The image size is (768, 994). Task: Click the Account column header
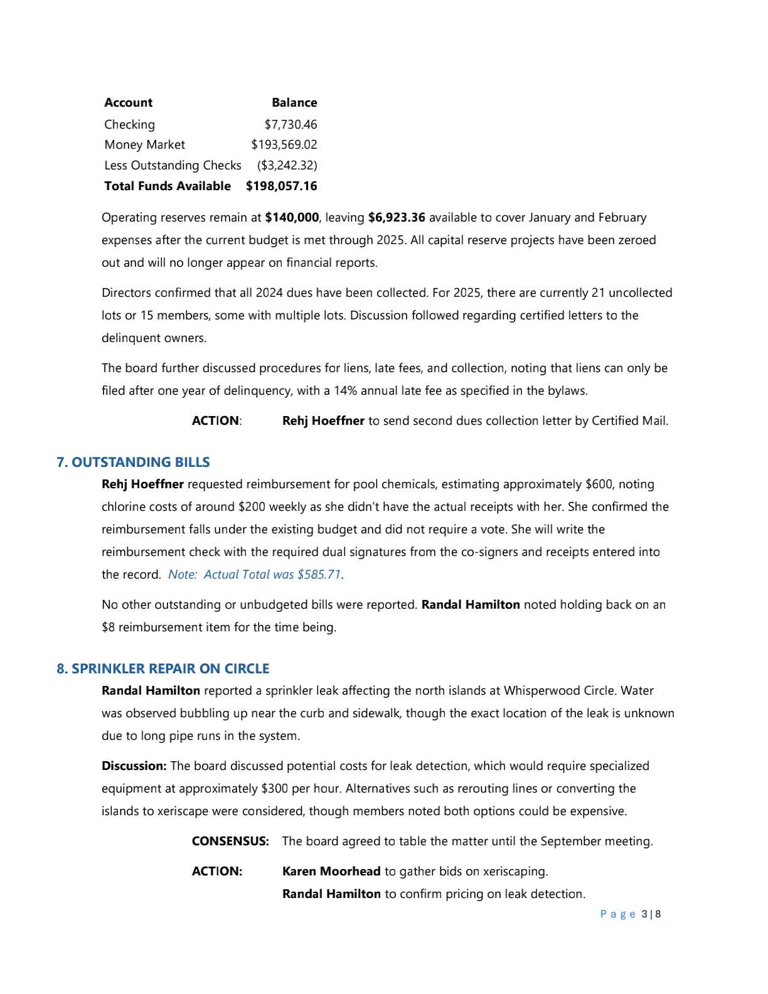tap(128, 102)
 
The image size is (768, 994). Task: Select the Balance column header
tap(294, 102)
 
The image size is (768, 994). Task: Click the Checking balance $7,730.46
tap(290, 124)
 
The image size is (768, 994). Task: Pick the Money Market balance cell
tap(284, 144)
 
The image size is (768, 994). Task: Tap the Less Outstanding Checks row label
tap(173, 165)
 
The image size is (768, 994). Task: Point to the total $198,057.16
tap(281, 186)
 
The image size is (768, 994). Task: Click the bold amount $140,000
tap(292, 217)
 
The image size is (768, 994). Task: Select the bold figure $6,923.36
tap(397, 217)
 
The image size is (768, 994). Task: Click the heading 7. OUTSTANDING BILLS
tap(133, 462)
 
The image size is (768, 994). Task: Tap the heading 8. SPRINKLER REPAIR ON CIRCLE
tap(163, 668)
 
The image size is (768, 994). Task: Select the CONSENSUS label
tap(230, 841)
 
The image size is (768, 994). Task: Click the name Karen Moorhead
tap(331, 871)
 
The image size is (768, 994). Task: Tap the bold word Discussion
tap(134, 766)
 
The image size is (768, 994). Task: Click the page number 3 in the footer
tap(645, 914)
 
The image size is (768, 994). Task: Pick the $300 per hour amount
tap(274, 788)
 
